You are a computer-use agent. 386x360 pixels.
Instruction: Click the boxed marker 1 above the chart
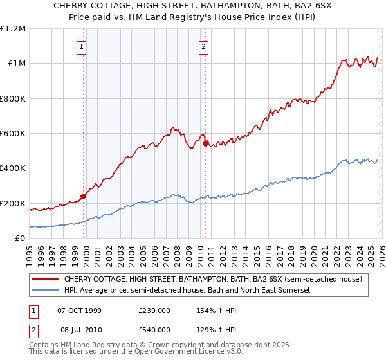point(82,46)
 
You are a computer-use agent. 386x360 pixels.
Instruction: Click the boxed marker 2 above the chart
point(203,46)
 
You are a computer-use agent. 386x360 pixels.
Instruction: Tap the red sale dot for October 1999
point(83,197)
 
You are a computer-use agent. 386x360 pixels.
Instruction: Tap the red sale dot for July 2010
point(205,144)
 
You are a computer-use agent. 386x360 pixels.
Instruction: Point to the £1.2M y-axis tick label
point(13,29)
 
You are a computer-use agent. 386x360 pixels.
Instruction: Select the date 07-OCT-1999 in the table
point(79,310)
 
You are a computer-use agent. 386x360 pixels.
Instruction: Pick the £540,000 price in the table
point(154,329)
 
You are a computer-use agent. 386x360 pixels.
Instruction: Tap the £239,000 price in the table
point(154,310)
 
